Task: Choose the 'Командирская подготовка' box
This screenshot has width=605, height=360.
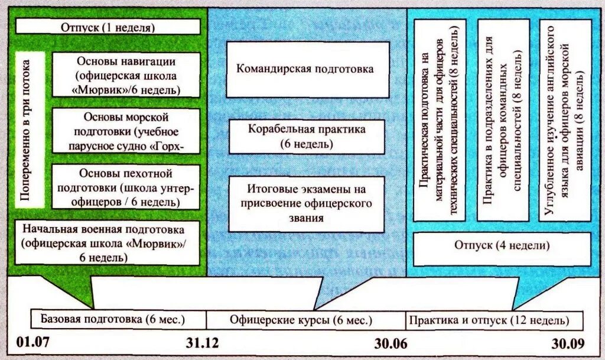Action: coord(305,69)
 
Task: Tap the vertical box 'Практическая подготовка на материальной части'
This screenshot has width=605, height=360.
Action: coord(440,120)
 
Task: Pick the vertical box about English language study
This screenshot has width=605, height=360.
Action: coord(564,120)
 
